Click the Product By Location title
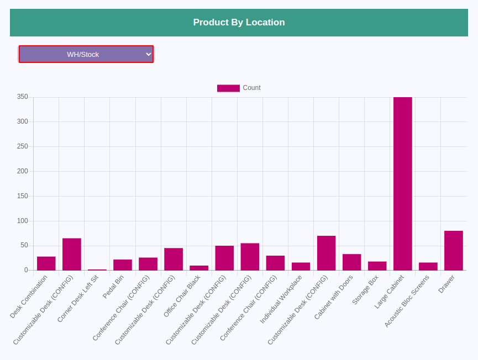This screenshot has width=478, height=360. point(239,22)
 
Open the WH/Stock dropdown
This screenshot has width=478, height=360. point(86,54)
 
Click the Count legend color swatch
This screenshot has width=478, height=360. point(228,88)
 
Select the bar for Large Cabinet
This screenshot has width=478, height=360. point(403,184)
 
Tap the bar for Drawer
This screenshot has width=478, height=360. point(454,251)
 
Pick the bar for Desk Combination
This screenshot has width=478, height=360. point(46,263)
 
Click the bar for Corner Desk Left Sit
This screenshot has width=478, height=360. point(97,270)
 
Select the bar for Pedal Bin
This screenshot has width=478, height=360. point(123,265)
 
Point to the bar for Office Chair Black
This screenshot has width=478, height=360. point(199,268)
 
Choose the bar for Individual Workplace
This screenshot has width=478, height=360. point(301,267)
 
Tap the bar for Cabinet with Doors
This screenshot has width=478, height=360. point(352,262)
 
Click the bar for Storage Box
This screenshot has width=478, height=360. point(377,266)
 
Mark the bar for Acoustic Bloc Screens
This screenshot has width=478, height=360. point(428,267)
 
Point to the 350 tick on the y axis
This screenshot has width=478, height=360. point(23,97)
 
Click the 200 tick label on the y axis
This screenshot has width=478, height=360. point(23,171)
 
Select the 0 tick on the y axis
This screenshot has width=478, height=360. point(26,270)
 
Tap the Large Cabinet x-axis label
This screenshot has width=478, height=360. point(389,292)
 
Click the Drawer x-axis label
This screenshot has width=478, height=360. point(447,284)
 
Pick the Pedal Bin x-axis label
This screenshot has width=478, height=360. point(113,287)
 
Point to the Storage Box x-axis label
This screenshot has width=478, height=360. point(365,290)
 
